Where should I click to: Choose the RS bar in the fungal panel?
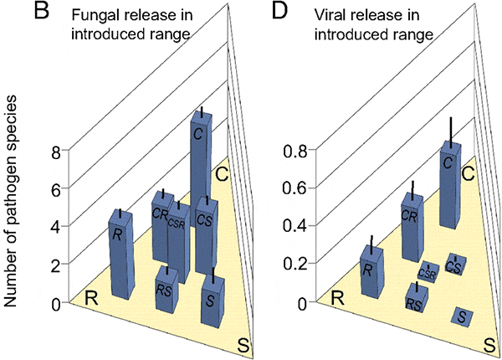pos(166,289)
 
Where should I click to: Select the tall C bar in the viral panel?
pos(449,184)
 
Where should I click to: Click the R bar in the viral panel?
pos(368,272)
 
